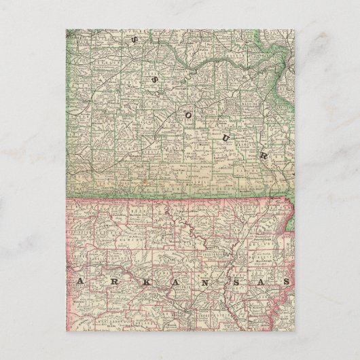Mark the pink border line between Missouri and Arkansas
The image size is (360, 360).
(170, 198)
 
